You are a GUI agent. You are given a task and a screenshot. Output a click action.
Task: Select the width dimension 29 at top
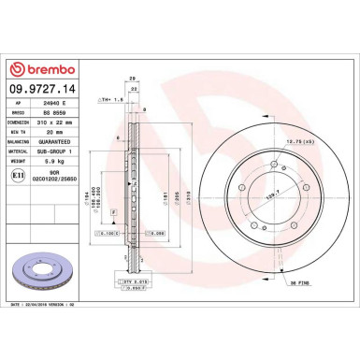(x=135, y=78)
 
